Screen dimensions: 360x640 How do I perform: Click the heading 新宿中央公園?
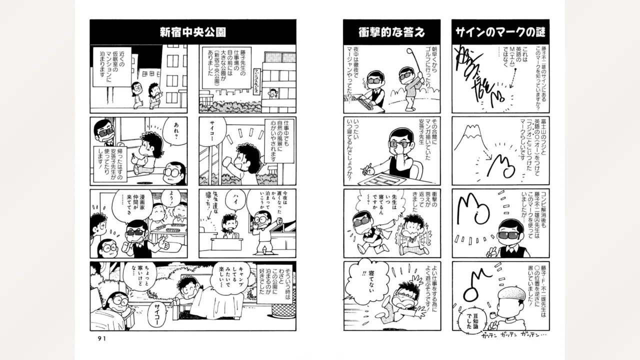pyautogui.click(x=192, y=32)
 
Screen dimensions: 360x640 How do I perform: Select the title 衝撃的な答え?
pyautogui.click(x=391, y=32)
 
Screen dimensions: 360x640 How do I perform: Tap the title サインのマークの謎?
pyautogui.click(x=500, y=32)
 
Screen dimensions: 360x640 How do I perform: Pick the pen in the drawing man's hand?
pyautogui.click(x=370, y=167)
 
